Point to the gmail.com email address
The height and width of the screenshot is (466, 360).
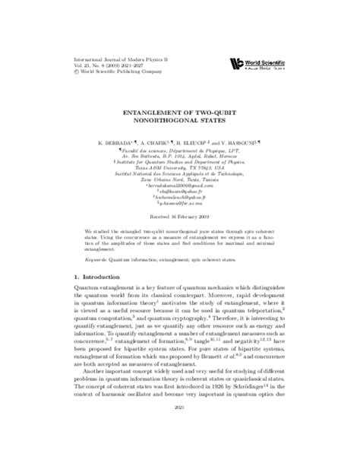pyautogui.click(x=180, y=186)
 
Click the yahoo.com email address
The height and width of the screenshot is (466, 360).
pyautogui.click(x=180, y=198)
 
